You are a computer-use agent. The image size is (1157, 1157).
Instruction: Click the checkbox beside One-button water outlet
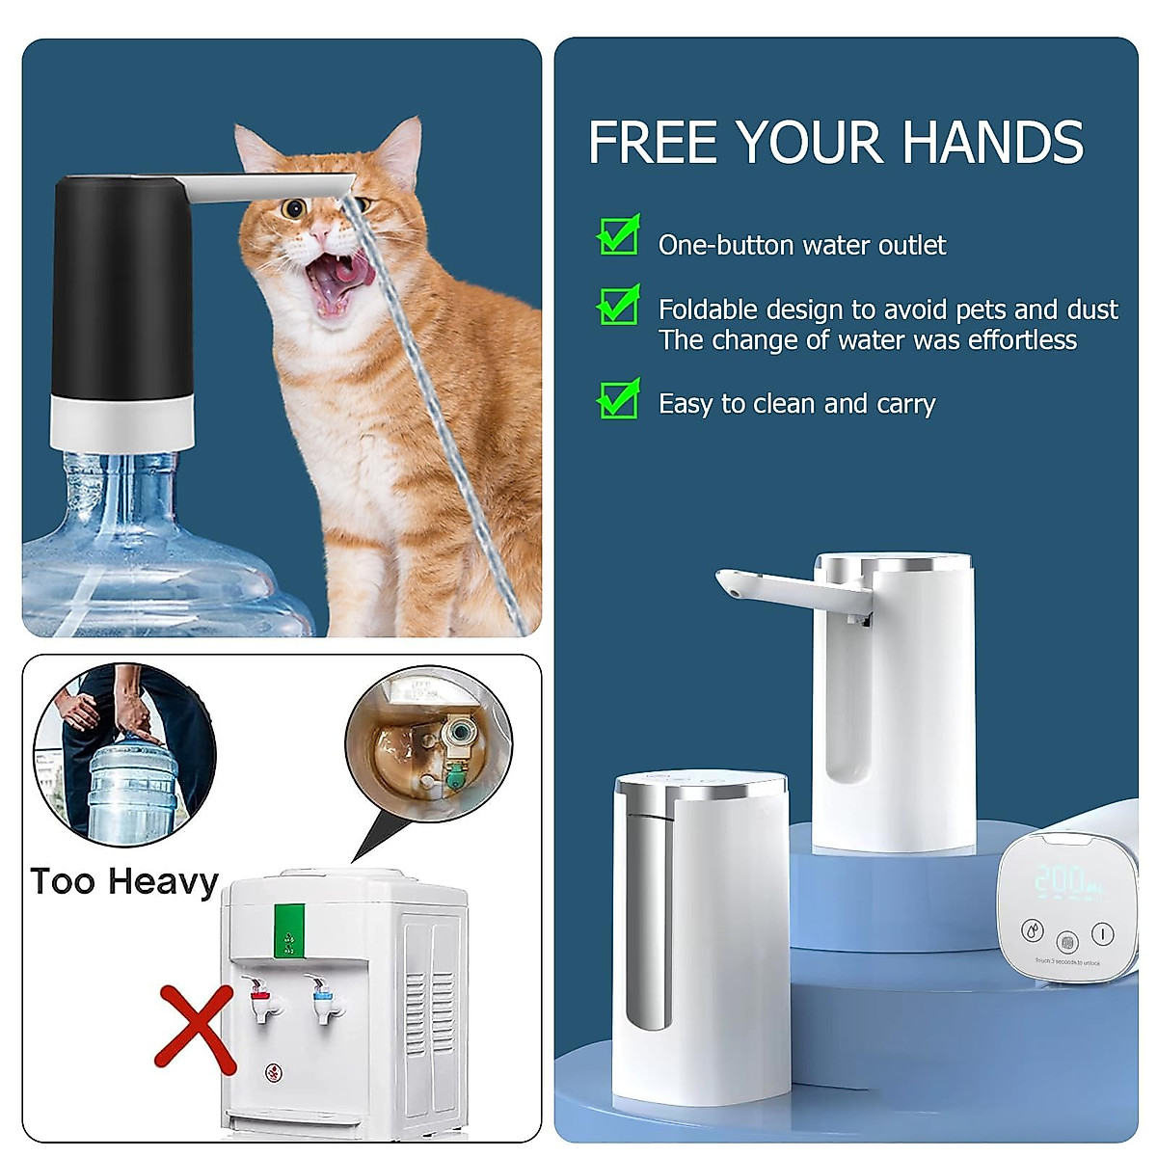click(x=618, y=235)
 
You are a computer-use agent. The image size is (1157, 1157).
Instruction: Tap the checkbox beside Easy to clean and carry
click(x=618, y=399)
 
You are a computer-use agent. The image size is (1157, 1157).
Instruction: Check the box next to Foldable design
click(x=618, y=306)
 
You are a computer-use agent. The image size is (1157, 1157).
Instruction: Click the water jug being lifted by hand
click(x=132, y=786)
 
